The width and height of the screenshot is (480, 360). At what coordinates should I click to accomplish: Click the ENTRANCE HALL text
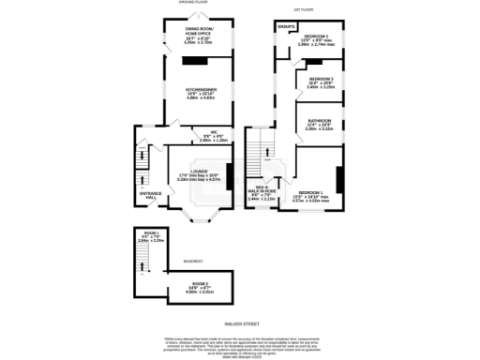click(x=152, y=196)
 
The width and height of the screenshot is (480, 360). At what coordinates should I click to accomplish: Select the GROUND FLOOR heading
click(x=192, y=3)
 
